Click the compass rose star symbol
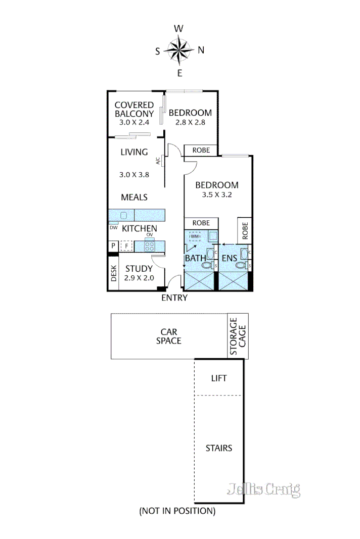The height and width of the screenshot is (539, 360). click(179, 50)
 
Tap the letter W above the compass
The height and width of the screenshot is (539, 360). click(178, 29)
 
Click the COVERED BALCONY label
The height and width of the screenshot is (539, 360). click(134, 110)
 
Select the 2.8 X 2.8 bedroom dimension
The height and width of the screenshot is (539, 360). click(190, 122)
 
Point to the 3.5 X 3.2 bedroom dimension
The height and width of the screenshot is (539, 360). click(217, 195)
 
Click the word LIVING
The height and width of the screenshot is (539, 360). click(134, 152)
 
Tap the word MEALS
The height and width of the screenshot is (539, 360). click(134, 197)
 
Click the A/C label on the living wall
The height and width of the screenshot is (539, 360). click(158, 161)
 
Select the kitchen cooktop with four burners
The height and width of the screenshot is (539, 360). click(150, 246)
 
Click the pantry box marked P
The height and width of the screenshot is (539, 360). click(113, 246)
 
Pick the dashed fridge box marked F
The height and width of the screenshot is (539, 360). click(126, 246)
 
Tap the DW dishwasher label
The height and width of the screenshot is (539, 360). click(113, 227)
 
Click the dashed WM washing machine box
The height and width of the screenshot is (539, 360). click(195, 236)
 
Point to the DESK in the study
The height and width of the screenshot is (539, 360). click(114, 273)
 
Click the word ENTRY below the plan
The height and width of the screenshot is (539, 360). click(174, 298)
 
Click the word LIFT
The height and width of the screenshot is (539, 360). click(218, 378)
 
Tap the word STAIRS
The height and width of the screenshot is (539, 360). click(218, 448)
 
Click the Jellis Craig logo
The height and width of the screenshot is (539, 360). click(263, 489)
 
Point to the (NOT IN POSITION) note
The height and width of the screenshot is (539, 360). click(177, 511)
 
